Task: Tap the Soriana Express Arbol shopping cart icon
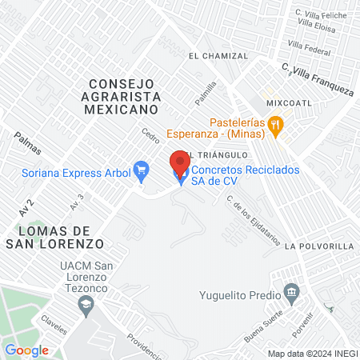pyautogui.click(x=142, y=170)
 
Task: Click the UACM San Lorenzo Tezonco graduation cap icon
pyautogui.click(x=86, y=304)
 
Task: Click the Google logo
pyautogui.click(x=26, y=350)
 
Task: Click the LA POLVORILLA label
pyautogui.click(x=318, y=246)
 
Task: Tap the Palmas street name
pyautogui.click(x=28, y=143)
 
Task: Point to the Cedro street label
pyautogui.click(x=150, y=137)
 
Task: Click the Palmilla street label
pyautogui.click(x=206, y=95)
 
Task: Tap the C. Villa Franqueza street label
pyautogui.click(x=318, y=79)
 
